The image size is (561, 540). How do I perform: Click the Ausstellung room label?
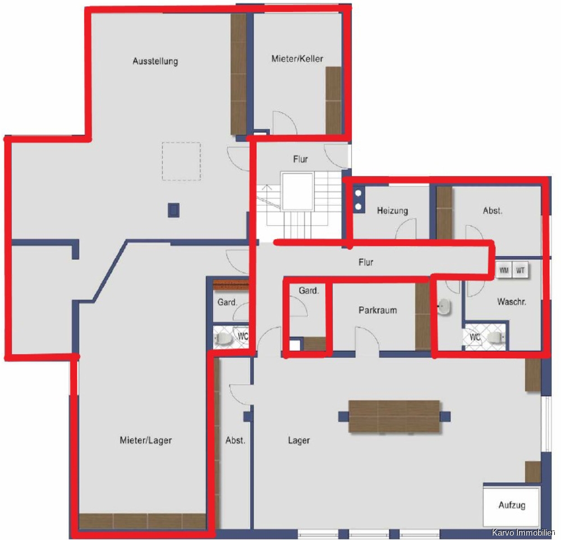155,61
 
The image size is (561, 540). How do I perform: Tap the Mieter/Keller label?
297,59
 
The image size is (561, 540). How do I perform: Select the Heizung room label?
393,210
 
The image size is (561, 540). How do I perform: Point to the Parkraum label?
378,310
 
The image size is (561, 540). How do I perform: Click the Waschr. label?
512,302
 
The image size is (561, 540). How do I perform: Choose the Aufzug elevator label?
512,505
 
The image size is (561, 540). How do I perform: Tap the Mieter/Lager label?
146,440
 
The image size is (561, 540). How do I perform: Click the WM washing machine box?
504,271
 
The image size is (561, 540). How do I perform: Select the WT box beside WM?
520,271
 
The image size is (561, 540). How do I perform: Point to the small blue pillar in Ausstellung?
174,210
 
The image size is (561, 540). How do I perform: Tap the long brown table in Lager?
394,417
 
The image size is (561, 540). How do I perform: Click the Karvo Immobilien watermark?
523,533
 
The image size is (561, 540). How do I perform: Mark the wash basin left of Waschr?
445,307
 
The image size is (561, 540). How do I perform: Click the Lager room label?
299,440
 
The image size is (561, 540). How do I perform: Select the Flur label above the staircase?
300,159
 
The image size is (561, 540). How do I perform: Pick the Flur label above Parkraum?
366,263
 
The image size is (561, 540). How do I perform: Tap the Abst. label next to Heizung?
493,211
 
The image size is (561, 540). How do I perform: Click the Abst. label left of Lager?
236,440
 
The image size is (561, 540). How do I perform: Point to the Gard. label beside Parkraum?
309,290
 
